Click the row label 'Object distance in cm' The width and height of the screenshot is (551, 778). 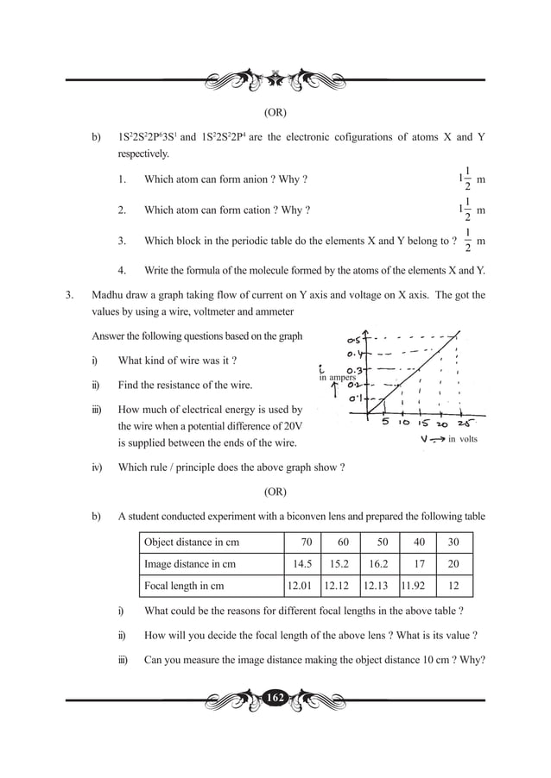tap(191, 542)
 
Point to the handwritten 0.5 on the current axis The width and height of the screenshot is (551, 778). tap(355, 338)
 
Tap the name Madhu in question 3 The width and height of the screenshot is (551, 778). tap(110, 295)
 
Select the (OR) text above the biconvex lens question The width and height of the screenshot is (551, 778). tap(275, 492)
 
